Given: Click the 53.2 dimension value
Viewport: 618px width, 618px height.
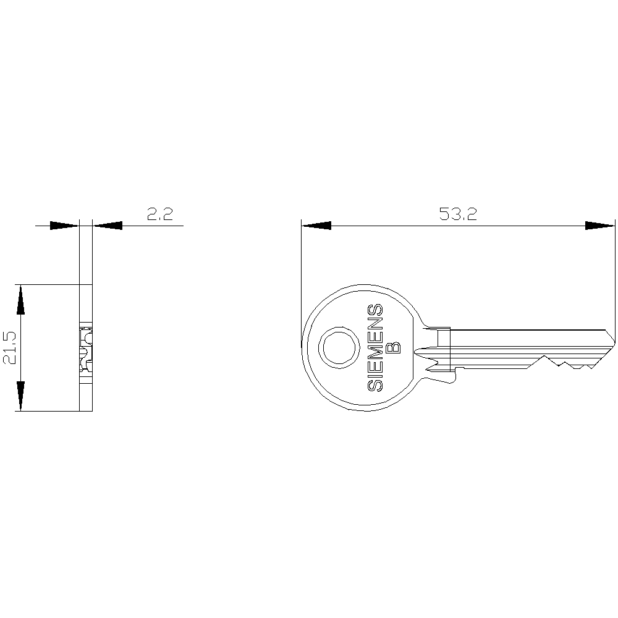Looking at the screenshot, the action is pos(458,214).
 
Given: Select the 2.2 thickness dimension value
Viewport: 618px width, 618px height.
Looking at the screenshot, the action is pos(160,214).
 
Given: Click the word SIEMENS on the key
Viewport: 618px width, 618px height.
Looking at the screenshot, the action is pos(375,347).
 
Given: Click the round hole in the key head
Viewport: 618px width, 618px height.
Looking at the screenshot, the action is pos(339,347).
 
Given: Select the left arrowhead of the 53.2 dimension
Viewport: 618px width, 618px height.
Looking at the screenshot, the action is pos(316,226).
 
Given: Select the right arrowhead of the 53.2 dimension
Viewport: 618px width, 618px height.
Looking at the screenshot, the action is pos(600,226).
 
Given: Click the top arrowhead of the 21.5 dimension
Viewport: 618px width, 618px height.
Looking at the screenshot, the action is pos(20,299).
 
